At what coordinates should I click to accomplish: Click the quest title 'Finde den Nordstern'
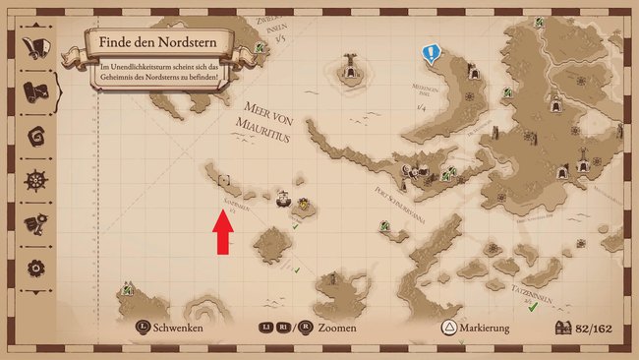[x=158, y=43]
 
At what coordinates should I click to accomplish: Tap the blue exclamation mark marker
[x=430, y=53]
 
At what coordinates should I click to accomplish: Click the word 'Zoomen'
[x=336, y=329]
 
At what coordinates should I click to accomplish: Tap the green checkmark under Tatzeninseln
[x=532, y=308]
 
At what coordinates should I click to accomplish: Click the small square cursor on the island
[x=224, y=180]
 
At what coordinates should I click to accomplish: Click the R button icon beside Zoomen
[x=306, y=329]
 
